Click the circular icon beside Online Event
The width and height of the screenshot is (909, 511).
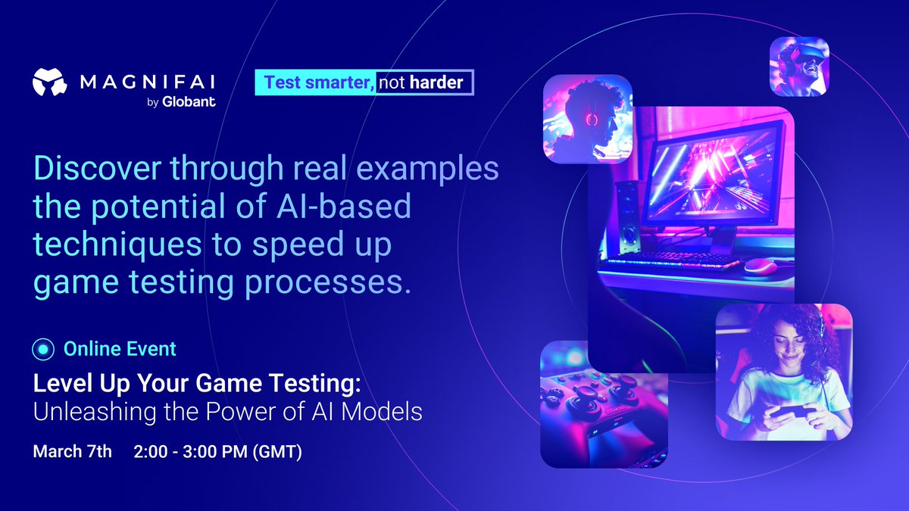tap(44, 349)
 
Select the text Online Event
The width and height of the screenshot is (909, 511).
tap(120, 349)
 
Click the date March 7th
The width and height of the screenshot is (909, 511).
tap(72, 452)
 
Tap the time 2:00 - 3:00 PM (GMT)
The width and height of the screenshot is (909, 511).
tap(217, 452)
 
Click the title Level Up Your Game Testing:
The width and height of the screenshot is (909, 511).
tap(197, 384)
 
